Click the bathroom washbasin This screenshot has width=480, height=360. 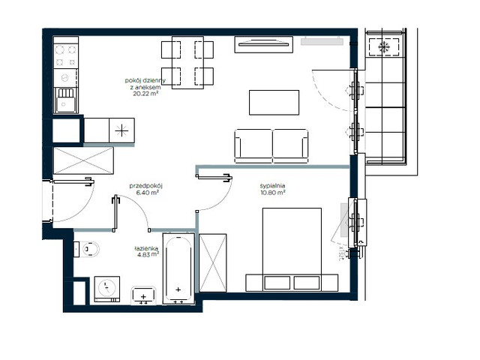143,296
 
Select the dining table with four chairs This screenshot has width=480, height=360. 187,61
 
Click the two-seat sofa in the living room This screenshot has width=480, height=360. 271,144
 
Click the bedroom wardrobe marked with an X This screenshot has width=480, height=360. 213,262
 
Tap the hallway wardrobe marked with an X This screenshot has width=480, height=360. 82,160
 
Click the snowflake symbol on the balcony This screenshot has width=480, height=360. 384,47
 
